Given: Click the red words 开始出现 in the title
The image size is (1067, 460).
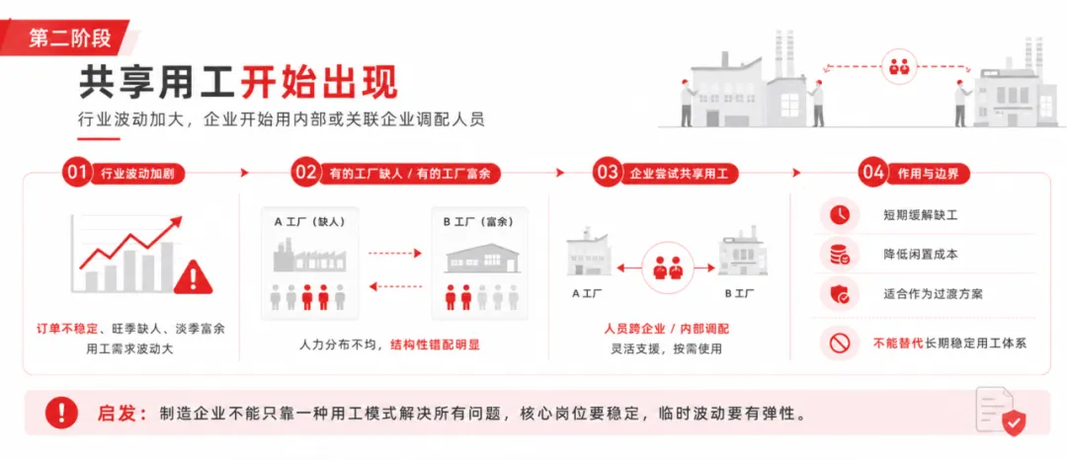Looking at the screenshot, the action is click(319, 83).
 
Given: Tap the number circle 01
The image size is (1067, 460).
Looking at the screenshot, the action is click(76, 173).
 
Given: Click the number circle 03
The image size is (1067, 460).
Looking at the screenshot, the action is click(607, 173).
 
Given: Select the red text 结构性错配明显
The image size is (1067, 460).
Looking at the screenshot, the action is click(435, 345).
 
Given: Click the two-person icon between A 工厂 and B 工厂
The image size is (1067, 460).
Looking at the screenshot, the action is click(667, 268).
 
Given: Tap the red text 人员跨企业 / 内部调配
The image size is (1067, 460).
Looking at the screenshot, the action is click(667, 329).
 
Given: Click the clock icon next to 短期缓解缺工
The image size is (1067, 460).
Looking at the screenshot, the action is click(839, 215).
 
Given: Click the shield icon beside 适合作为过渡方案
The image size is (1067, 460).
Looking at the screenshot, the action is click(839, 294).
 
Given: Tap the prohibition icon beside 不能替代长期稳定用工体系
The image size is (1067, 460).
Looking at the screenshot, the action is click(839, 344).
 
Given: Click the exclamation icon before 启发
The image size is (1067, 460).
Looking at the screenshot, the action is click(62, 412).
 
